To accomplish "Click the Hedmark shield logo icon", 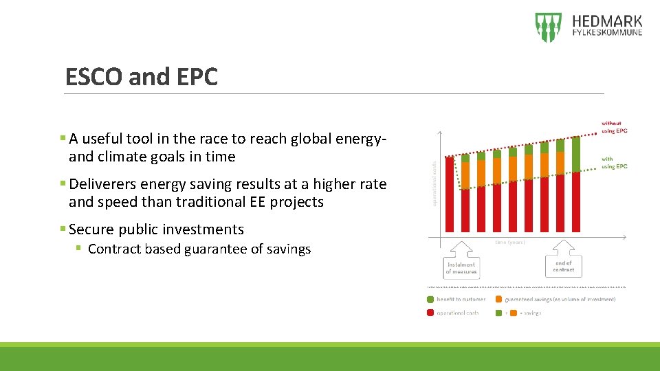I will [x=548, y=27].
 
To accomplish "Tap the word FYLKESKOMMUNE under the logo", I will [x=607, y=32].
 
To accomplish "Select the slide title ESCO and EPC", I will [x=141, y=77].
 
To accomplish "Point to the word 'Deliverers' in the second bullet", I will [x=103, y=185].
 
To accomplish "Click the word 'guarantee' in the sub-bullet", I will [x=217, y=249].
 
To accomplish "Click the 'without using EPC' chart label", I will [x=614, y=127].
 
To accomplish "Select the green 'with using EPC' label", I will [x=614, y=163].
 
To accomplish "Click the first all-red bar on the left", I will [x=450, y=194].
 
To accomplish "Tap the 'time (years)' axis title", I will [x=511, y=242].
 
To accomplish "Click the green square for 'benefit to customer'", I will [x=430, y=300].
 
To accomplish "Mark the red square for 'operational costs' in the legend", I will [x=430, y=313].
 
